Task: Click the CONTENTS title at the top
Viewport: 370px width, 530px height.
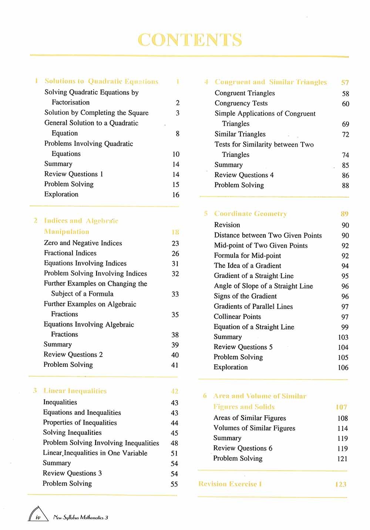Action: pyautogui.click(x=190, y=40)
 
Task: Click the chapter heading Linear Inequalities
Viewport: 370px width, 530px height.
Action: pyautogui.click(x=75, y=391)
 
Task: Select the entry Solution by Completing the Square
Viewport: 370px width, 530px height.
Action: pyautogui.click(x=96, y=113)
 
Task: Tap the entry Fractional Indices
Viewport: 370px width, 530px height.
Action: pyautogui.click(x=70, y=253)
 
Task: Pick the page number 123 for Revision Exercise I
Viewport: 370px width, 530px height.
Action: pyautogui.click(x=341, y=484)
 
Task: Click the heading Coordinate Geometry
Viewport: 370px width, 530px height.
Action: pyautogui.click(x=250, y=214)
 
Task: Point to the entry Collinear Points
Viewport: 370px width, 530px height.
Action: pyautogui.click(x=237, y=317)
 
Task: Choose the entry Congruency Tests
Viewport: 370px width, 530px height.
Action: pyautogui.click(x=241, y=103)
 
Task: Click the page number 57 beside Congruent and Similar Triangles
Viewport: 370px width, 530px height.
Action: pyautogui.click(x=345, y=82)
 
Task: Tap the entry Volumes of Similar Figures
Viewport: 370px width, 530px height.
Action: pyautogui.click(x=254, y=428)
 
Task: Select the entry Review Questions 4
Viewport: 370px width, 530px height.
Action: pyautogui.click(x=244, y=175)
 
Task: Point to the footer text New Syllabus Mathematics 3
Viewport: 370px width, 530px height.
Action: pyautogui.click(x=81, y=518)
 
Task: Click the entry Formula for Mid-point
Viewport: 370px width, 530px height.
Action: pyautogui.click(x=247, y=256)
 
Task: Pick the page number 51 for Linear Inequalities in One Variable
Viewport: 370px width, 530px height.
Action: pyautogui.click(x=174, y=453)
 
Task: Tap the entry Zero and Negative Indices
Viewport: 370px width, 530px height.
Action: pyautogui.click(x=83, y=243)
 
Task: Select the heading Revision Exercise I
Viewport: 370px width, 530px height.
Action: pyautogui.click(x=230, y=484)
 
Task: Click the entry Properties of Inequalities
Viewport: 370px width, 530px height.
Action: pyautogui.click(x=80, y=422)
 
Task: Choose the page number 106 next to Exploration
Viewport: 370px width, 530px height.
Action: pyautogui.click(x=343, y=368)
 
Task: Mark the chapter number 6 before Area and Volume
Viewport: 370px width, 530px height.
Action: pyautogui.click(x=205, y=396)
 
